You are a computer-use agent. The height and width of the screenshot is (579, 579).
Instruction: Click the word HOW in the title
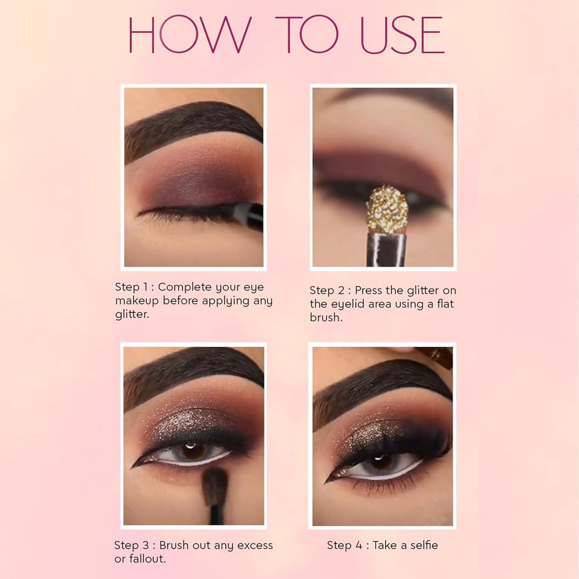pos(189,35)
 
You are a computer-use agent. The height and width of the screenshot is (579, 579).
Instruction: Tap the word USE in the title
pos(402,35)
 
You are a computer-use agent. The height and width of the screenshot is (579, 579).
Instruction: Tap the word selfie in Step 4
pos(419,545)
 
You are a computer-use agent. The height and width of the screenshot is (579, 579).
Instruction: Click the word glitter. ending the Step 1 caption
pos(132,314)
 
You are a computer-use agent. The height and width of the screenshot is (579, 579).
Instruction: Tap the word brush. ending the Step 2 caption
pos(326,317)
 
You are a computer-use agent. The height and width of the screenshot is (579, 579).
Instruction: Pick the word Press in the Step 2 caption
pos(368,291)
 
